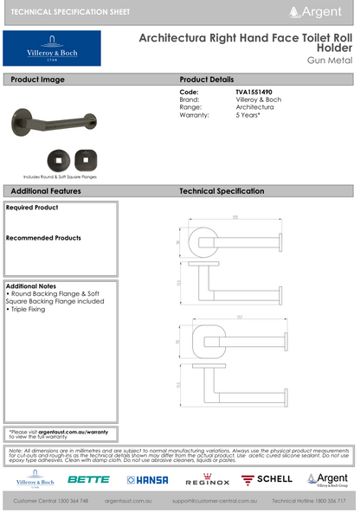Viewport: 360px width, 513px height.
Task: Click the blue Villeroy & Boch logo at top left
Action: coord(51,48)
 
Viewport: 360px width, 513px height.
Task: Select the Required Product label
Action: coord(32,208)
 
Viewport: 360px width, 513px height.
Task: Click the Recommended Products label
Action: coord(43,237)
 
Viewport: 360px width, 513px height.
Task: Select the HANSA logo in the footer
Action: coord(147,479)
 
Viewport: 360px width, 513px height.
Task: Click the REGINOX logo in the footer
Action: coord(205,479)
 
